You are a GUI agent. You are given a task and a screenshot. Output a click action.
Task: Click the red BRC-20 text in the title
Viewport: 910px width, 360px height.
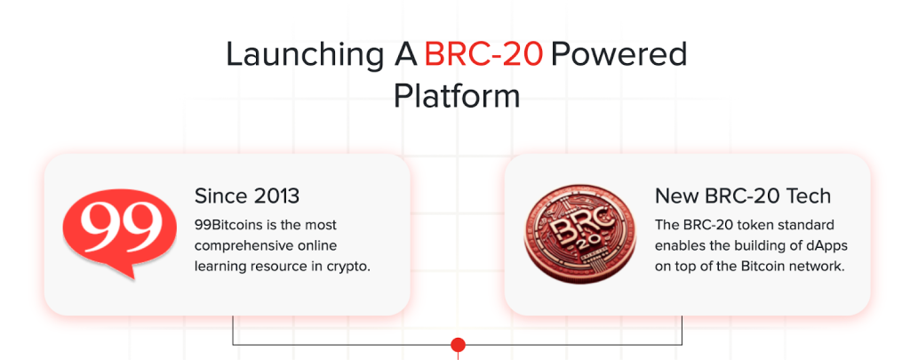click(483, 54)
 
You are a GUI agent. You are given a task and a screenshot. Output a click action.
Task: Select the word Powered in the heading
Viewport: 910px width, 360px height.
click(619, 54)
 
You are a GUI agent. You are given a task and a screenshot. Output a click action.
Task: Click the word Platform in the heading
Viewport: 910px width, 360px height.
click(457, 96)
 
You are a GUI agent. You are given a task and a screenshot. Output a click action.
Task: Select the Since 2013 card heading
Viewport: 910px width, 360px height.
click(247, 196)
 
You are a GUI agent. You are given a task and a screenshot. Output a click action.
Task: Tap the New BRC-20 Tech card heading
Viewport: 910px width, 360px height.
click(743, 196)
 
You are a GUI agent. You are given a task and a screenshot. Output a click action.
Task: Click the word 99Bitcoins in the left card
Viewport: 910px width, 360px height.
click(224, 225)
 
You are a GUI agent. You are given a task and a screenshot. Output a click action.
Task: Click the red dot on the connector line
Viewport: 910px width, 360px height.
click(458, 345)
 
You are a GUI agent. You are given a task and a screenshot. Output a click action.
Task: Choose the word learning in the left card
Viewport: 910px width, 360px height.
click(217, 268)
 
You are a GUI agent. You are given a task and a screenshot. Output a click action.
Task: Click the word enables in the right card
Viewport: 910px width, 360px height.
click(676, 246)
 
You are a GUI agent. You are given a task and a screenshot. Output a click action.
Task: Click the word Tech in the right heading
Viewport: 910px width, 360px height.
click(810, 196)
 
